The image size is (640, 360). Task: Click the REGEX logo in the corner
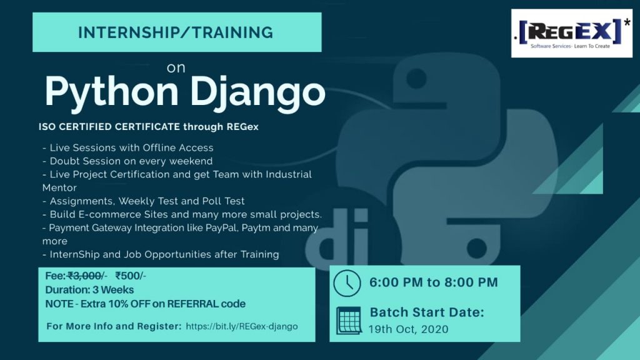pos(571,33)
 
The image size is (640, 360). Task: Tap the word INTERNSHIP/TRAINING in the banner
pos(176,32)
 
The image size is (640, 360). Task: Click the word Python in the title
pos(111,92)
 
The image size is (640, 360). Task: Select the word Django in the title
pos(257,92)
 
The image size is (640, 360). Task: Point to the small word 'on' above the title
pos(176,67)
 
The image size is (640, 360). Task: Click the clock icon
pos(347,283)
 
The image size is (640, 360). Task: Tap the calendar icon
pos(349,321)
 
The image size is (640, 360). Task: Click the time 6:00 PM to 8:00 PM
pos(434,282)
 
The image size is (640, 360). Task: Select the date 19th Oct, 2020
pos(408,329)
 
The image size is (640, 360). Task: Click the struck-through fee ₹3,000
pos(84,276)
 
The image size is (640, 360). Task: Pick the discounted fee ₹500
pos(127,276)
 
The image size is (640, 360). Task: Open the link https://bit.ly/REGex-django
pos(242,326)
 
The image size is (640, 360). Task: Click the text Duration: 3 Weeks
pos(89,290)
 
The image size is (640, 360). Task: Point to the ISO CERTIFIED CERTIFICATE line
pos(149,127)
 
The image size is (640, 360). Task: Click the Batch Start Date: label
pos(427,312)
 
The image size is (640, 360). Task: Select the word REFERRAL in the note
pos(192,304)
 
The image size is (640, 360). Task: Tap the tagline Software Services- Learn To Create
pos(570,46)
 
